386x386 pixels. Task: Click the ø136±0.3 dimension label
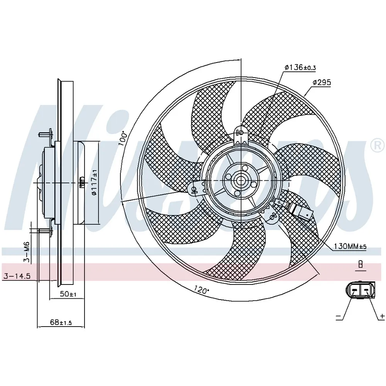coord(300,67)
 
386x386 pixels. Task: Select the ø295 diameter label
coord(322,83)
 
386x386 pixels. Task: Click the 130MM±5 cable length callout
coord(350,246)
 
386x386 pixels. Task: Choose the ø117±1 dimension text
coord(94,183)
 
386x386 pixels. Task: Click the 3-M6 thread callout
coord(27,252)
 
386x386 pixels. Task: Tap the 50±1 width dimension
coord(68,294)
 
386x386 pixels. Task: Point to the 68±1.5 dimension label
coord(61,322)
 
